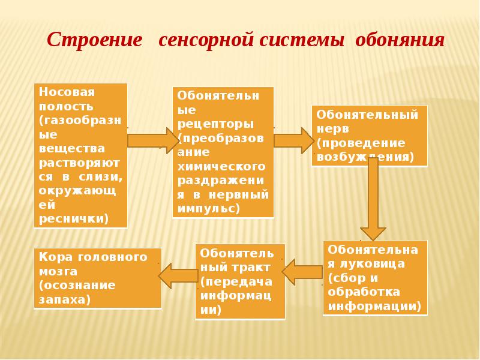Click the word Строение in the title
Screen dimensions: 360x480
pyautogui.click(x=95, y=41)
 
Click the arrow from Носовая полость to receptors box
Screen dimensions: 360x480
pyautogui.click(x=150, y=140)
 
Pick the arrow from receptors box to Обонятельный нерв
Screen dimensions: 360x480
pyautogui.click(x=293, y=140)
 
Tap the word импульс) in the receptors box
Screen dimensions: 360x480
pyautogui.click(x=208, y=208)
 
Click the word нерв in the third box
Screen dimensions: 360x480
pyautogui.click(x=329, y=128)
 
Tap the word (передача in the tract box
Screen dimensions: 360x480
pyautogui.click(x=235, y=282)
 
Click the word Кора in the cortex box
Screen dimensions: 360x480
pyautogui.click(x=51, y=257)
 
